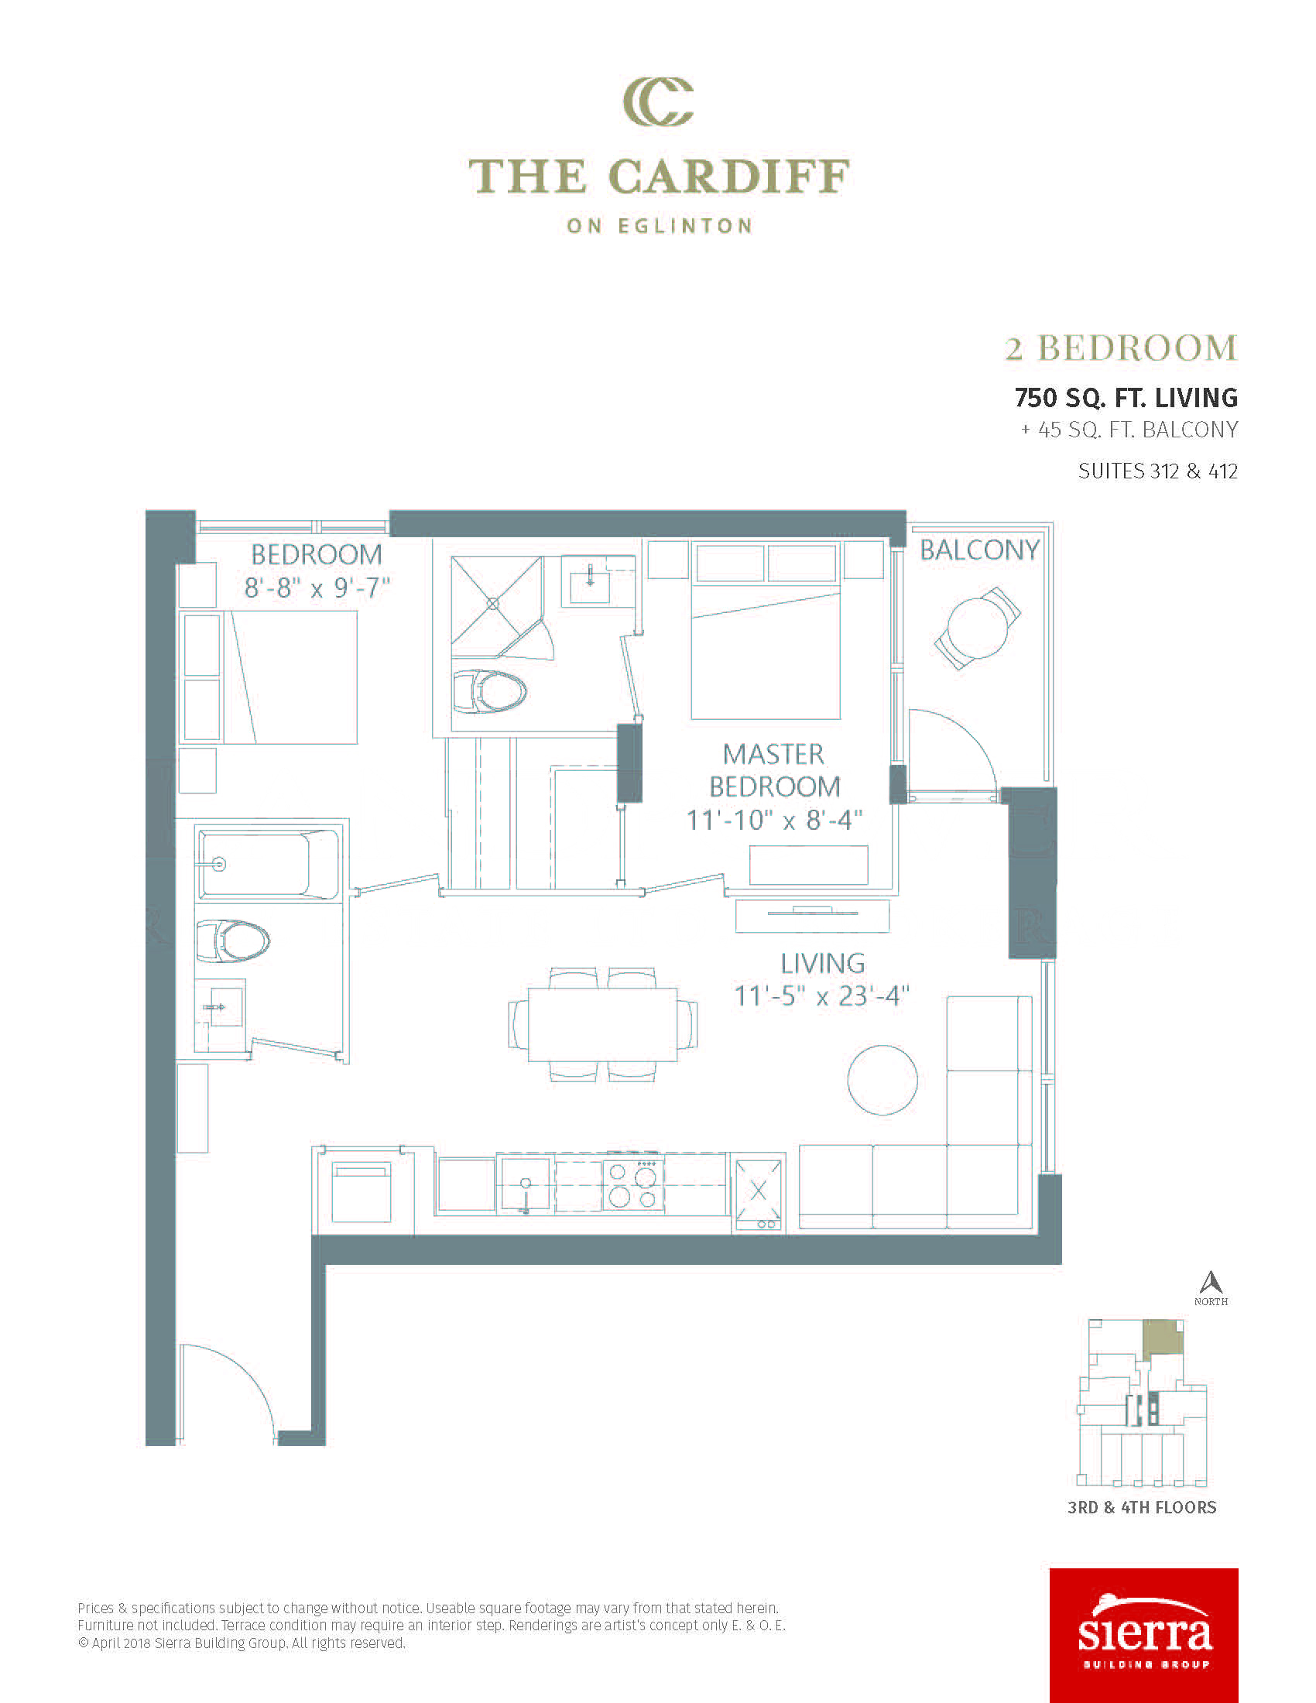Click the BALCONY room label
point(979,550)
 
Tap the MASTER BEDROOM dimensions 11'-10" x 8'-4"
point(774,821)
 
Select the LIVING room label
point(822,964)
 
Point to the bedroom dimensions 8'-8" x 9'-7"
point(317,588)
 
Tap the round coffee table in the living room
point(882,1080)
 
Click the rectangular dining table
point(601,1025)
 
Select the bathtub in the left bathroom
point(268,865)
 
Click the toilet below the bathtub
point(233,941)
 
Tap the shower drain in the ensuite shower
point(492,604)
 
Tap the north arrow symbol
point(1211,1281)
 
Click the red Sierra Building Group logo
point(1143,1635)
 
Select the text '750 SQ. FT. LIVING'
point(1126,398)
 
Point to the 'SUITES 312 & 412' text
point(1158,471)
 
